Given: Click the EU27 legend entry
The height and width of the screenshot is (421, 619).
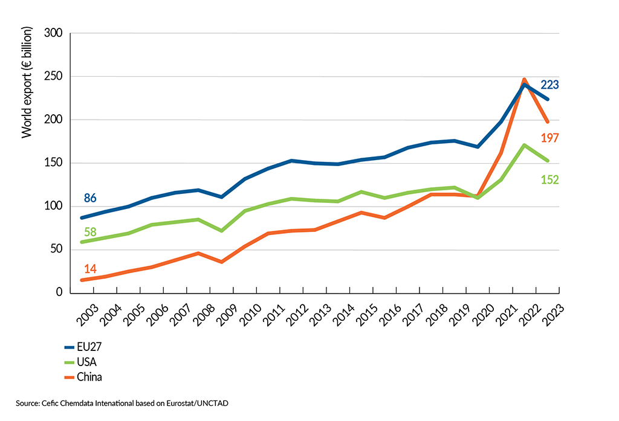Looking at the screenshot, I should tap(84, 347).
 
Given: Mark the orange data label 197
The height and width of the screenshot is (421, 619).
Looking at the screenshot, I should tap(549, 138).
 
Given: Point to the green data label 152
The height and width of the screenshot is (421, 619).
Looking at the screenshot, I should tap(549, 179).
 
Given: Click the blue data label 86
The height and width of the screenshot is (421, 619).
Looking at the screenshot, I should tap(90, 198).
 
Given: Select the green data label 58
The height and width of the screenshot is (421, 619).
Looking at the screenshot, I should tap(90, 232).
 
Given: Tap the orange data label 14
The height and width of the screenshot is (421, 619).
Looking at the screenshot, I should tap(90, 268).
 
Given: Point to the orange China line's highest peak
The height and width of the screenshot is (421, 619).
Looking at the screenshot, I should tap(524, 79).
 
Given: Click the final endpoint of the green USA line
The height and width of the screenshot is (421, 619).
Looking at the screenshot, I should tap(548, 161).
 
